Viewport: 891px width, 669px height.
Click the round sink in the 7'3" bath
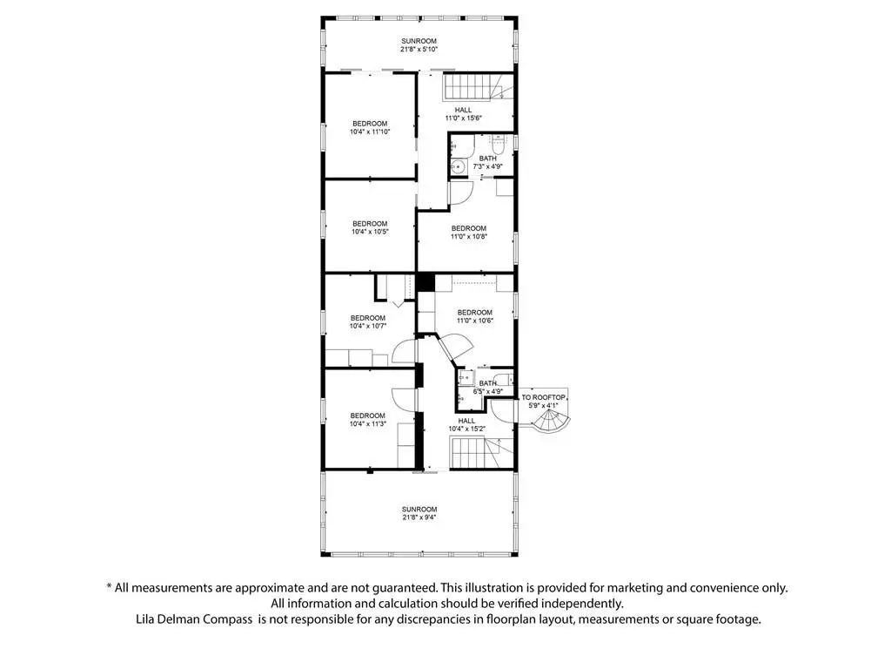coord(458,166)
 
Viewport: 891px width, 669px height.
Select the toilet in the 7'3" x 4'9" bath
coord(499,140)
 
